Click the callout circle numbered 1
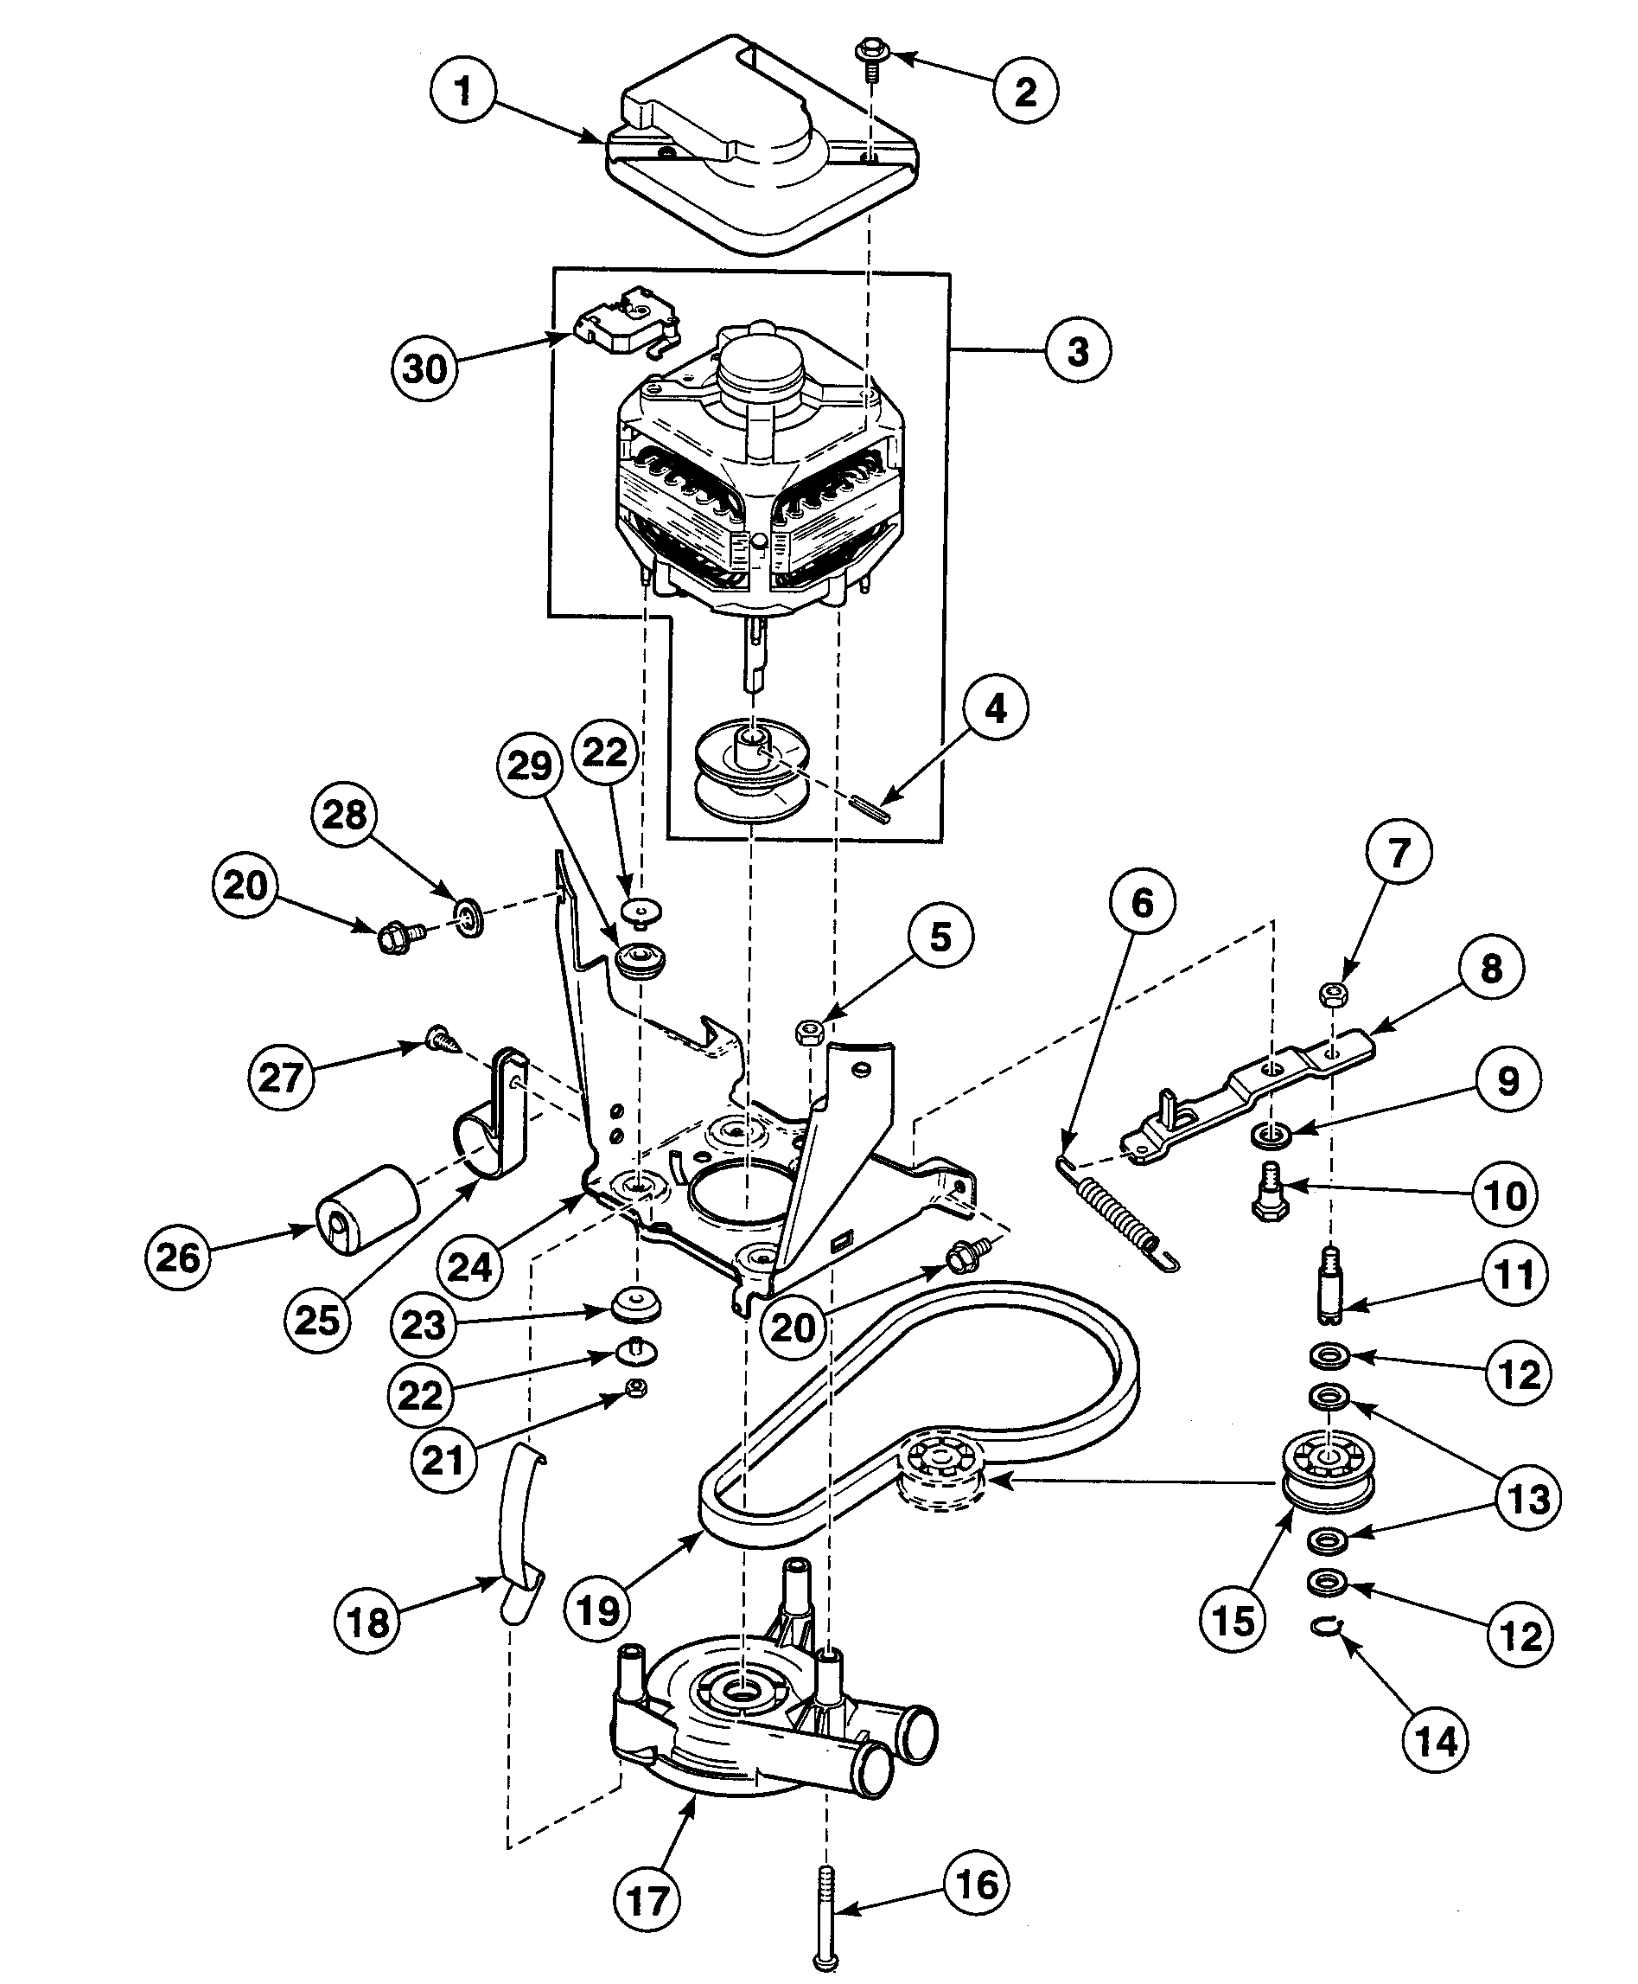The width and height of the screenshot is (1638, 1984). pyautogui.click(x=462, y=92)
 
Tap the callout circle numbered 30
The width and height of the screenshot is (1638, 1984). pyautogui.click(x=424, y=368)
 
